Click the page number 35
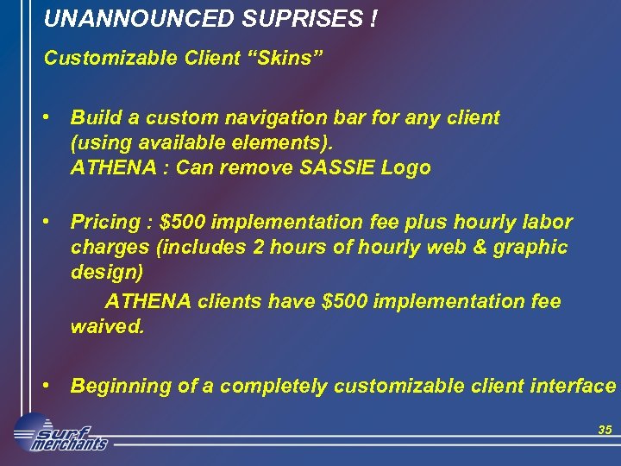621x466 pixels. (x=604, y=429)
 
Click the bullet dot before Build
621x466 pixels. (x=53, y=116)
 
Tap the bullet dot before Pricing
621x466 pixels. (x=53, y=222)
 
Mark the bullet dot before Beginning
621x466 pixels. (x=53, y=386)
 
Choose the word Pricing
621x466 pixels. (x=104, y=222)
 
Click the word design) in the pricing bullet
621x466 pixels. (x=107, y=273)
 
